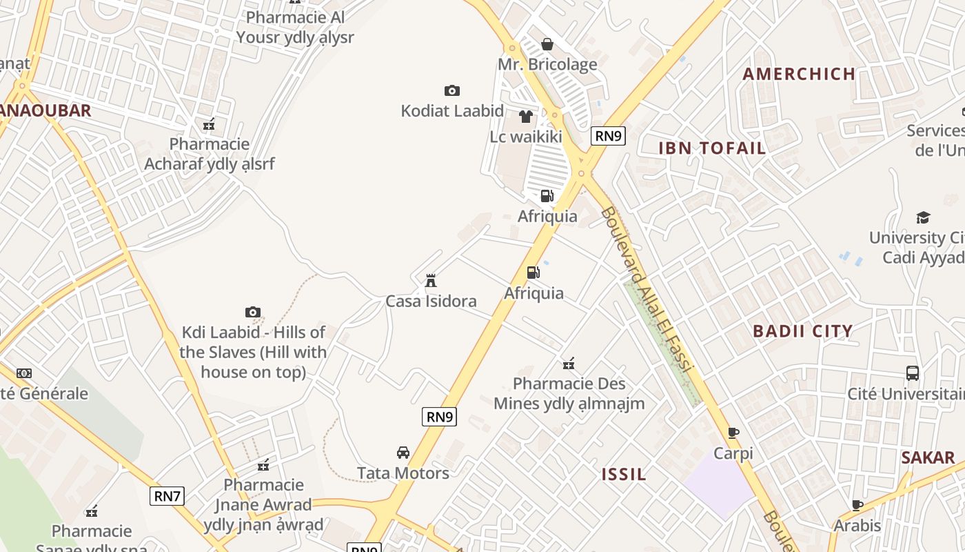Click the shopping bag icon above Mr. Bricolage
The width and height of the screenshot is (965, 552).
coord(547,44)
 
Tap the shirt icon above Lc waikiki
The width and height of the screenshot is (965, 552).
coord(526,117)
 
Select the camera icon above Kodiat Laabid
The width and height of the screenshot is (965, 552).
coord(451,90)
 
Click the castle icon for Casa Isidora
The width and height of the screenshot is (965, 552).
coord(431,280)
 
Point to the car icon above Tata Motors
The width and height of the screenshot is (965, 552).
coord(403,453)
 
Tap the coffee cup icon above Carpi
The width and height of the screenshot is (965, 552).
coord(733,433)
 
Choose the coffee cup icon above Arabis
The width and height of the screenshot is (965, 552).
coord(857,505)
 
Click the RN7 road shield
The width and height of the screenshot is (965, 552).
coord(167,495)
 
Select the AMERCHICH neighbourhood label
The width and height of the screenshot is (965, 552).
coord(799,74)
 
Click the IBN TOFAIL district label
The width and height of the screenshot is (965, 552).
coord(712,148)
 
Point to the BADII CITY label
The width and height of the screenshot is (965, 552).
coord(802,331)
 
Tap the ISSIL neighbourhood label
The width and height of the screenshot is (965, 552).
coord(624,474)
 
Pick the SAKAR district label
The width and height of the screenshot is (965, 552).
coord(928,457)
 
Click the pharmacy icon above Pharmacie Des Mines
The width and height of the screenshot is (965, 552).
coord(569,364)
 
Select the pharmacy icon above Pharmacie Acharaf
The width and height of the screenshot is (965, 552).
coord(209,124)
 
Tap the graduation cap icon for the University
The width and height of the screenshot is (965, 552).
coord(923,218)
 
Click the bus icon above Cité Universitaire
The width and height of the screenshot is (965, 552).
coord(913,373)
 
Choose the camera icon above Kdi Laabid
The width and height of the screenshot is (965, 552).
coord(253,312)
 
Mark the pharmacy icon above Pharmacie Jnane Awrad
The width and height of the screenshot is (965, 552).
coord(263,464)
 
